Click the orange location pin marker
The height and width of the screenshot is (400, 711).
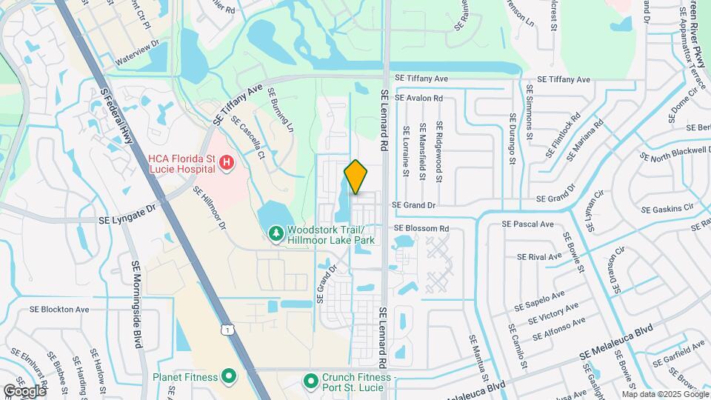tap(355, 176)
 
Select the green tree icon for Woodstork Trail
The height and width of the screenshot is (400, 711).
tap(276, 234)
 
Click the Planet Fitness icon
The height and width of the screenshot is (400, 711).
tap(228, 377)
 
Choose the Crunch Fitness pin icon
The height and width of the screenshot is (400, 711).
tap(312, 381)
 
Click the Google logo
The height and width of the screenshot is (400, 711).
tap(24, 390)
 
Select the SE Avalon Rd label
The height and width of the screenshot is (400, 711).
tap(418, 98)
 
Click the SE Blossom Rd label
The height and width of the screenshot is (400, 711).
tap(421, 228)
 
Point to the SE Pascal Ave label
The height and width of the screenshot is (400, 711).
tap(527, 224)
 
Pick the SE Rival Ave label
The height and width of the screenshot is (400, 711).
tap(541, 256)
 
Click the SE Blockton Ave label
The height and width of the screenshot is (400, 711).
tap(59, 310)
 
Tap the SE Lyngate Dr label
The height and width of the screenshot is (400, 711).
tap(127, 216)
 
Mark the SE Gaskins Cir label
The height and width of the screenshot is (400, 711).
tap(667, 207)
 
